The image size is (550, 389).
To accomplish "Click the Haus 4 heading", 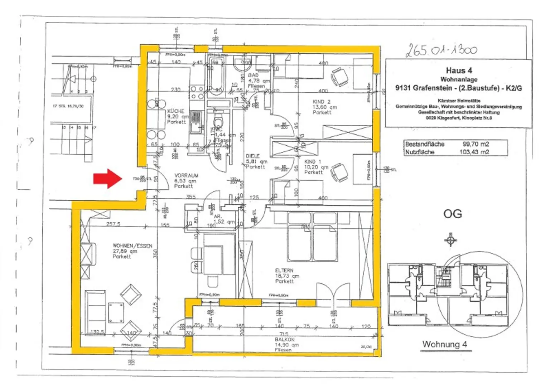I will click(458, 70).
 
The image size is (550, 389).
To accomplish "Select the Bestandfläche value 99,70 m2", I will click(475, 144).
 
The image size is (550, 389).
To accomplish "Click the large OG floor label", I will click(452, 214).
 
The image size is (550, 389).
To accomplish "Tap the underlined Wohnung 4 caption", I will click(444, 344).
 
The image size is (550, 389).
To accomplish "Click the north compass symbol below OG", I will click(450, 240).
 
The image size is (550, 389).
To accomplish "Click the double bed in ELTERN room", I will click(312, 237).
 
